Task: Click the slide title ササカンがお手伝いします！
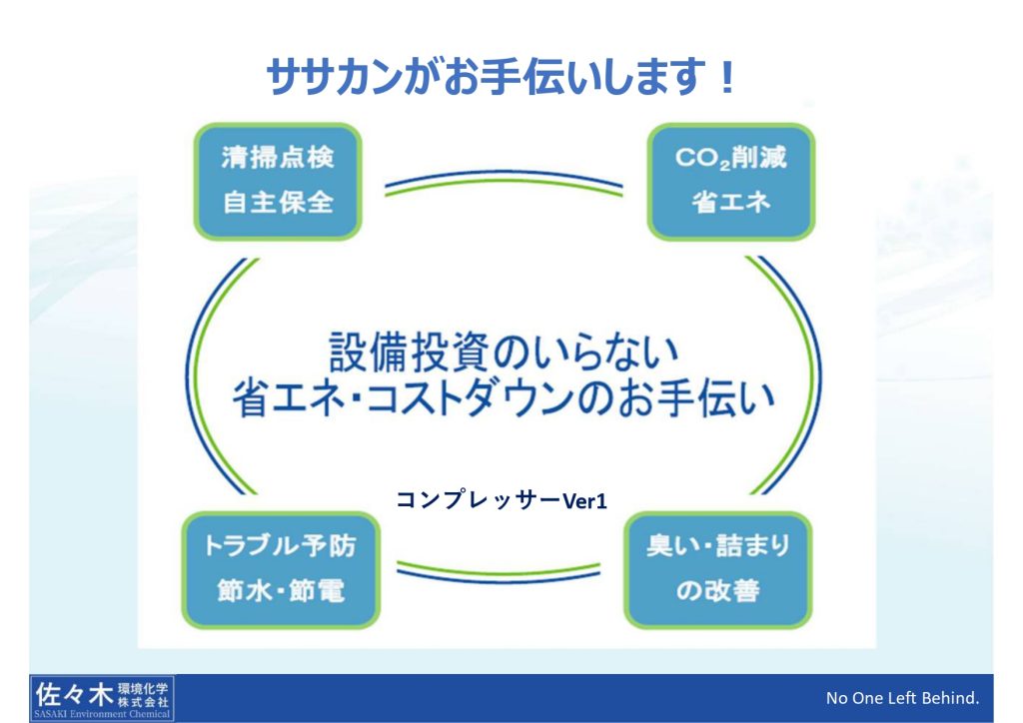coord(502,78)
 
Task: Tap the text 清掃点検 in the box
coord(278,158)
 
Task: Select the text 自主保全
coord(278,202)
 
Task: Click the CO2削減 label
coord(730,158)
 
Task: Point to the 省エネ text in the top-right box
coord(730,202)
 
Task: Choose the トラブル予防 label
coord(280,545)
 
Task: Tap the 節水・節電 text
coord(281,590)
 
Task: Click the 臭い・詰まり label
coord(717,545)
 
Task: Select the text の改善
coord(717,590)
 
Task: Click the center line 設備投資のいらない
coord(504,353)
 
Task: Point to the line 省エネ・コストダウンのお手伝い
coord(504,397)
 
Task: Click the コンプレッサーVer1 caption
coord(502,500)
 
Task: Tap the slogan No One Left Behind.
coord(902,698)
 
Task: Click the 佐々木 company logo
coord(102,699)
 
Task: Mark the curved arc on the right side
coord(818,376)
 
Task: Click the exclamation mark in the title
coord(726,78)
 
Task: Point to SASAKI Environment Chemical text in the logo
coord(102,714)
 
